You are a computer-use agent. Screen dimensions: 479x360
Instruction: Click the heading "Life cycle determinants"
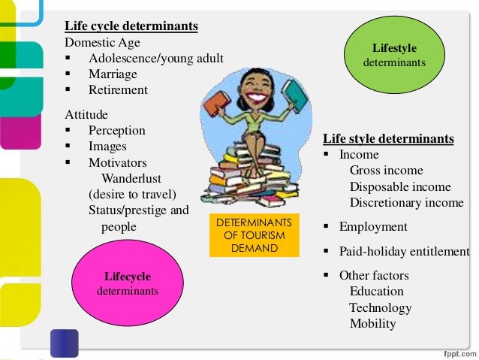tap(131, 26)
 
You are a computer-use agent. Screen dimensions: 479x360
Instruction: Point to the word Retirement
tap(118, 90)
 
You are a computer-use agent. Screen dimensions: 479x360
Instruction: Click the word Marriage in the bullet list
tap(113, 74)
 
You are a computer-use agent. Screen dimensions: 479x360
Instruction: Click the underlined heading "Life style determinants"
tap(388, 139)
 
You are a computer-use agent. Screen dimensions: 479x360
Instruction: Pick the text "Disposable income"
tap(399, 187)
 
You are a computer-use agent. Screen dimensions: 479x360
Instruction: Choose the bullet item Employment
tap(373, 227)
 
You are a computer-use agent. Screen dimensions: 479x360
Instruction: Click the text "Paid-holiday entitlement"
tap(404, 251)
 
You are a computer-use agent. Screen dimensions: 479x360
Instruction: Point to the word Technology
tap(380, 308)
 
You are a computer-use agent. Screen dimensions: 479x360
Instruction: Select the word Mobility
tap(372, 324)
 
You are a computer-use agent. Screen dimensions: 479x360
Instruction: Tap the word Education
tap(376, 292)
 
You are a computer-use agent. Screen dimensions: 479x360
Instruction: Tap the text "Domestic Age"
tap(102, 42)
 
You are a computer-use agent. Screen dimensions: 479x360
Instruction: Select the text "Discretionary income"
tap(406, 203)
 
